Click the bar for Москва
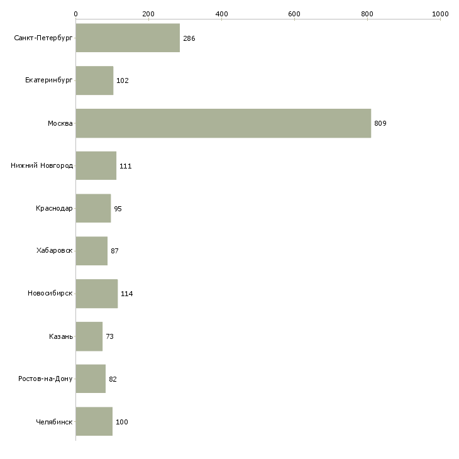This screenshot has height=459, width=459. click(x=223, y=123)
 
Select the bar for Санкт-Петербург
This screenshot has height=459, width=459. click(x=128, y=38)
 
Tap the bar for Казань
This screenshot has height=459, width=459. click(x=89, y=336)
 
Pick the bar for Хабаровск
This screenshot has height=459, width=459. click(x=92, y=251)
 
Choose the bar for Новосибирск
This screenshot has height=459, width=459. click(x=97, y=294)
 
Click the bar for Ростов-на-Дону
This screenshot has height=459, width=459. click(x=91, y=379)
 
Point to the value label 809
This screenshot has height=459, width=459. click(x=380, y=123)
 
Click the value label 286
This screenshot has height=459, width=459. click(x=189, y=38)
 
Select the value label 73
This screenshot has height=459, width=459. click(x=110, y=336)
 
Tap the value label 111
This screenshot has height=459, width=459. click(x=126, y=166)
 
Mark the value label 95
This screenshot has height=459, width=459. click(x=118, y=209)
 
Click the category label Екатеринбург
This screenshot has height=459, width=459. click(x=48, y=80)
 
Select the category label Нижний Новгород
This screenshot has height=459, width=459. click(x=42, y=165)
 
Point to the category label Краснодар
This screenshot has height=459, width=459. click(x=54, y=208)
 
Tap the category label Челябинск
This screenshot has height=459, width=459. click(x=54, y=422)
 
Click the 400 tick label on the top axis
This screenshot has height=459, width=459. click(x=221, y=14)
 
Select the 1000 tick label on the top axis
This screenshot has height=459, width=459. click(x=440, y=14)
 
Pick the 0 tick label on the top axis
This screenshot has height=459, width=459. click(x=76, y=14)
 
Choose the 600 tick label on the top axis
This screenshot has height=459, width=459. click(x=294, y=14)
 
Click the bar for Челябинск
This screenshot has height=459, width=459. click(x=94, y=421)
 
